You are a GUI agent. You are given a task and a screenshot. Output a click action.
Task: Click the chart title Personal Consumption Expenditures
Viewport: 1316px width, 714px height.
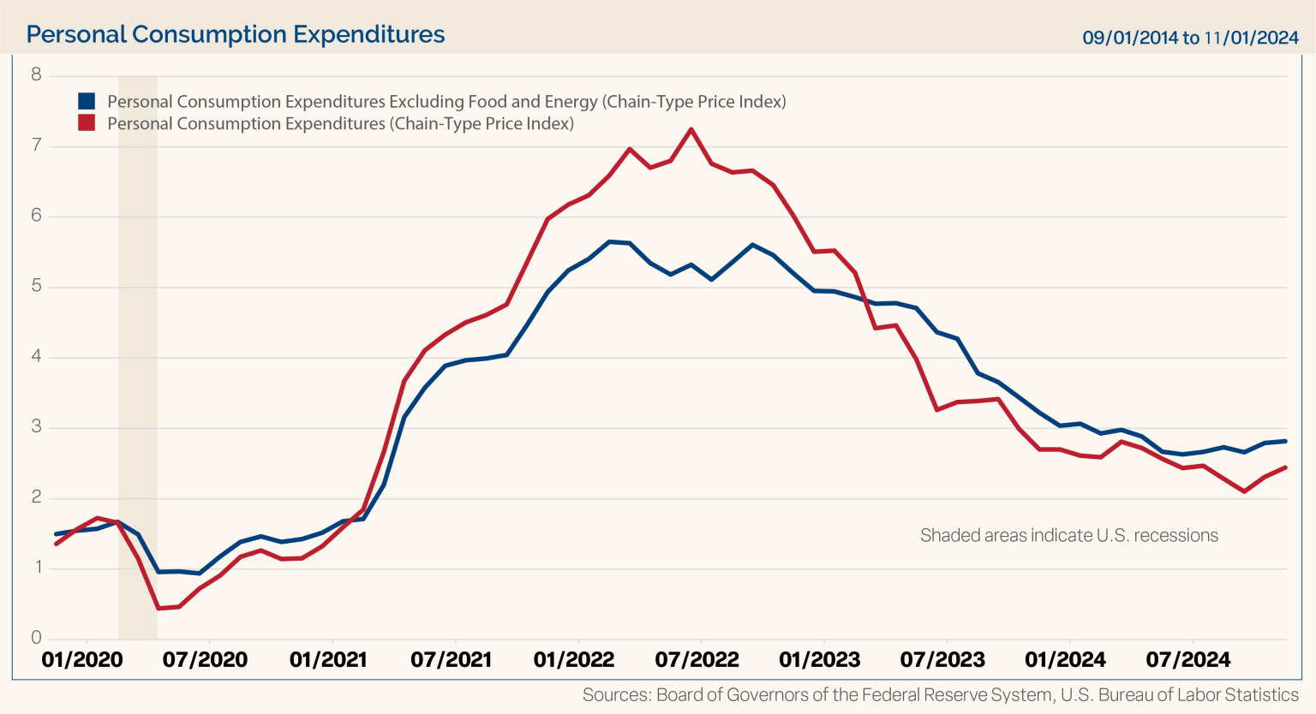click(236, 34)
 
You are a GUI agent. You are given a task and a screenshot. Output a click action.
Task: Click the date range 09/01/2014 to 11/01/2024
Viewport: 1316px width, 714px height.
click(1190, 38)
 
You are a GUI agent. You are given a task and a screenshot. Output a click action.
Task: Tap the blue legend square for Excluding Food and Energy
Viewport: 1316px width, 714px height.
click(87, 101)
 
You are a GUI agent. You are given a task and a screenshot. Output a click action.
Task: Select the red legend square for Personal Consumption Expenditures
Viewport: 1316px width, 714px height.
click(87, 123)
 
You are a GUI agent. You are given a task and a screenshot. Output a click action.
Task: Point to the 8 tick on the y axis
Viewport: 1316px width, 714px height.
click(36, 74)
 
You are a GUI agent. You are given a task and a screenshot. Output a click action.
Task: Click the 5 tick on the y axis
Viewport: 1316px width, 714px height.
click(36, 286)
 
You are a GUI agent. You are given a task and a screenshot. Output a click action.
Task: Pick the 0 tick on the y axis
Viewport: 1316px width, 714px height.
click(36, 638)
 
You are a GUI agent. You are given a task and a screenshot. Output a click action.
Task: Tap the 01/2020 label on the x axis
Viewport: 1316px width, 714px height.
click(82, 660)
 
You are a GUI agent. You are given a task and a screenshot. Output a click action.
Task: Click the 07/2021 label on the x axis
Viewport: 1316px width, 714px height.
click(452, 660)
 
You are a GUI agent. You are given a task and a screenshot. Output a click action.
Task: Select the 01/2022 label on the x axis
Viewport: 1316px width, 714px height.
click(574, 660)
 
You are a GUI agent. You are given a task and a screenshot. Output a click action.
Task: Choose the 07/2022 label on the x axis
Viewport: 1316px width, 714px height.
click(697, 660)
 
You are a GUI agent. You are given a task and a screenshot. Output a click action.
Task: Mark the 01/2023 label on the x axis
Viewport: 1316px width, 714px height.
click(820, 660)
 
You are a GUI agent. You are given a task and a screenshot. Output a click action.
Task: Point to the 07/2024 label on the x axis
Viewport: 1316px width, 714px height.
click(1188, 660)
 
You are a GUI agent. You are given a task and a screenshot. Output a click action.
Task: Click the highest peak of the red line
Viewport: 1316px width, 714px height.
click(691, 129)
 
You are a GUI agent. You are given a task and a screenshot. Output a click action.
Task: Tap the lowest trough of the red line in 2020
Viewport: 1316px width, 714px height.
click(159, 608)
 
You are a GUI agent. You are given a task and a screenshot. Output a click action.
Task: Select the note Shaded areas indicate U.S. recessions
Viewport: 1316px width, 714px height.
click(1068, 536)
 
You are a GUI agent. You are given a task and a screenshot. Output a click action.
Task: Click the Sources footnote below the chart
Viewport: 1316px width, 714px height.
click(940, 695)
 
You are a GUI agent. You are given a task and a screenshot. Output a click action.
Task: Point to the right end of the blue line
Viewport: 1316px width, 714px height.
click(1286, 441)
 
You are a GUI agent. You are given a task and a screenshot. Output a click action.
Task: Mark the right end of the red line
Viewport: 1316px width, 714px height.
click(1286, 467)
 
